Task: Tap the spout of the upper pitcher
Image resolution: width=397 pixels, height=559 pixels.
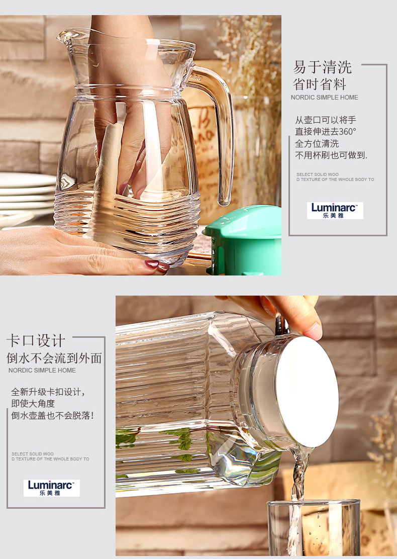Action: pos(68,36)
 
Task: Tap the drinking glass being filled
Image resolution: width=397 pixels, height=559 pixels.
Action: pos(314,528)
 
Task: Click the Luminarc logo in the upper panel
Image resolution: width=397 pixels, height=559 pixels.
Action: pos(335,210)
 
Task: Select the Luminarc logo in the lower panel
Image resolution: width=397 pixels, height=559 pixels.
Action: pos(52,488)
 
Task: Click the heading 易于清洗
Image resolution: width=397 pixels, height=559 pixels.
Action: pos(323,67)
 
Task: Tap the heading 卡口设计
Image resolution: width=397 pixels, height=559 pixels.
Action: pos(36,341)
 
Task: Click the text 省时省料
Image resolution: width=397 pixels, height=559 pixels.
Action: pos(319,84)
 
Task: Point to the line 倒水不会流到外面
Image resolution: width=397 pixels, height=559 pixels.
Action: pos(54,358)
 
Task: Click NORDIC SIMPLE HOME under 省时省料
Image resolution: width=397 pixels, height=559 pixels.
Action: pos(324,98)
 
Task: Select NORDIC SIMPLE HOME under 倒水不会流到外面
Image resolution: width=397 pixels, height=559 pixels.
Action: pos(42,370)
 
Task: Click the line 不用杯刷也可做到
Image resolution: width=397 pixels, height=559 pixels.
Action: pos(331,155)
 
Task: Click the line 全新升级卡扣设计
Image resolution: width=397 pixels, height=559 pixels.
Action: pos(48,392)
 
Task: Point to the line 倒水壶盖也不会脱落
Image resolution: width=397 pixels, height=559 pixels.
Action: pos(52,415)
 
